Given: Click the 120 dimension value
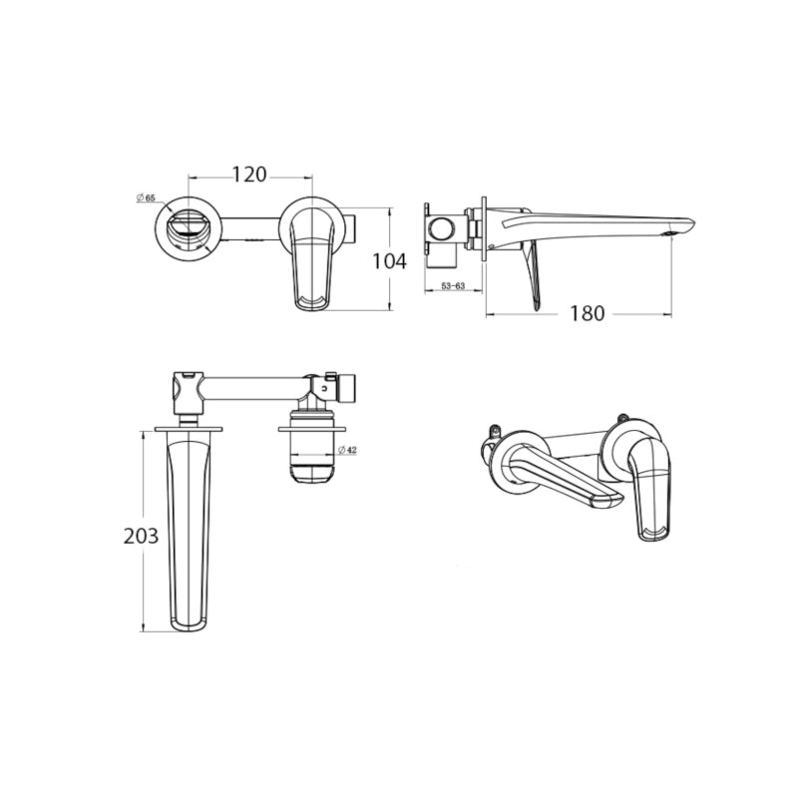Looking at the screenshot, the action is pyautogui.click(x=249, y=174).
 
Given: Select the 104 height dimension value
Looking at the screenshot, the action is pyautogui.click(x=390, y=261).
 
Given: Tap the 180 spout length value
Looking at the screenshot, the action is pyautogui.click(x=587, y=313).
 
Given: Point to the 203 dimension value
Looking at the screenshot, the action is pyautogui.click(x=141, y=537).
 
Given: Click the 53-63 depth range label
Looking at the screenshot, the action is pyautogui.click(x=453, y=286).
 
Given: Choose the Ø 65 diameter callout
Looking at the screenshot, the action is pyautogui.click(x=146, y=198).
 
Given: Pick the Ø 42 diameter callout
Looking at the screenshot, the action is pyautogui.click(x=347, y=450).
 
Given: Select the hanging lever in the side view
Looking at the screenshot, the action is pyautogui.click(x=533, y=275).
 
